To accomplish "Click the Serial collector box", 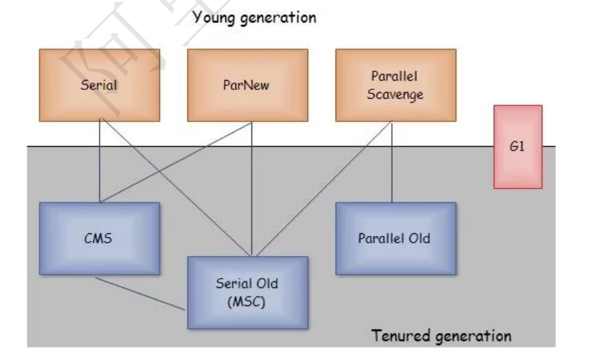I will coord(99,85).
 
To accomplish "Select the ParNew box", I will coord(247,85).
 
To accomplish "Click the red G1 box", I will coord(518,147).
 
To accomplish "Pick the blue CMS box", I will coord(99,238).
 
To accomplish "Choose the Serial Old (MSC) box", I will coord(247,293).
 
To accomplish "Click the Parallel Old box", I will coord(395,238).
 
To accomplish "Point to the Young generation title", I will coord(254,18).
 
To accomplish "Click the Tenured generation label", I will coord(442,335).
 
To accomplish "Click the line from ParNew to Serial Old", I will coord(251,193).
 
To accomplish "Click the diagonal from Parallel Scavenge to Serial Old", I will coord(320,187).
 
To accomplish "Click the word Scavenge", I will coord(395,95).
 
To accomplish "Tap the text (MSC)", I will coord(247,301).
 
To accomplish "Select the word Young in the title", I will coord(213,18).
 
